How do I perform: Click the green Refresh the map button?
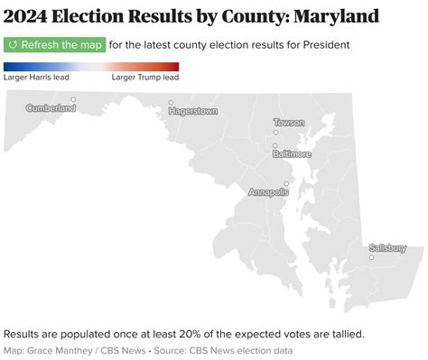click(54, 45)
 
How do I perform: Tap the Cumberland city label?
click(51, 108)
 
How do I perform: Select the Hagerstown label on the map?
click(193, 111)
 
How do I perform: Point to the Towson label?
click(289, 122)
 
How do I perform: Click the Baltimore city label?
click(292, 154)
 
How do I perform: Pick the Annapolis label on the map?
click(269, 192)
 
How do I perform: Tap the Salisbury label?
click(387, 248)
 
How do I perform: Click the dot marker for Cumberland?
click(73, 100)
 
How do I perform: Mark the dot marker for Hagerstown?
click(171, 103)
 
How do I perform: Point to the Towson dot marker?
click(275, 132)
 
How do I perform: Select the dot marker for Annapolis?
click(286, 184)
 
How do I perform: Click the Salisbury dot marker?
click(371, 258)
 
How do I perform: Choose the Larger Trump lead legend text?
click(144, 78)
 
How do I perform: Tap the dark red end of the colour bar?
click(175, 66)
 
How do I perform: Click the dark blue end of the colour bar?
click(7, 66)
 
